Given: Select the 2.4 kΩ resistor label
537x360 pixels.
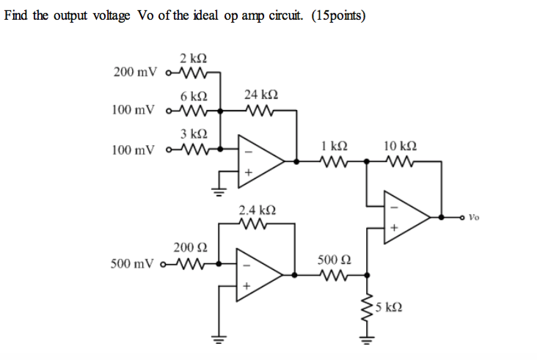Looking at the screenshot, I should click(257, 210).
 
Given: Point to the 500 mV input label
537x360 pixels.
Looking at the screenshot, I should click(133, 262).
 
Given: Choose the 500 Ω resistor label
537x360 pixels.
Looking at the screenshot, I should click(334, 260).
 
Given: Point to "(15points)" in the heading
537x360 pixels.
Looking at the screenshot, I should click(338, 16).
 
